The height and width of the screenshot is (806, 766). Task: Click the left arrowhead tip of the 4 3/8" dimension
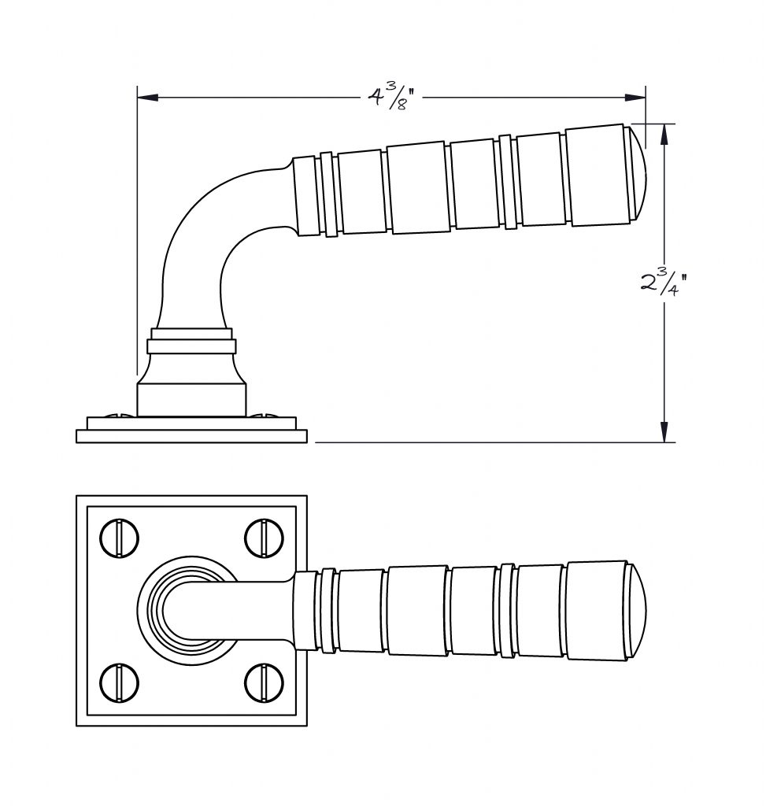coord(138,97)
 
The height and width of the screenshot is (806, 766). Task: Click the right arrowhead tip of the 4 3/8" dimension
coord(646,97)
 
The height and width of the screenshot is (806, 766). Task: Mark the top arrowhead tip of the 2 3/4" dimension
coord(664,124)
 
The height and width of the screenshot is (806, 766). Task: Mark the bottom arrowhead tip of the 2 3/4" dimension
coord(664,442)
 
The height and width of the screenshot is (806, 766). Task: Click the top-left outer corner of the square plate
coord(76,496)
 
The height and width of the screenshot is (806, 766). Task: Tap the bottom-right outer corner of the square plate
coord(307,726)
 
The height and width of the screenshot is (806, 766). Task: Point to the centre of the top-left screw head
coord(120,538)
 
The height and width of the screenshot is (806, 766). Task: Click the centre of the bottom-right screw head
coord(264,683)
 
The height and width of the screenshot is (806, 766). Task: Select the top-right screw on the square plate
coord(264,538)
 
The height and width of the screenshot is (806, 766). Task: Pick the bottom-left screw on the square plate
coord(120,683)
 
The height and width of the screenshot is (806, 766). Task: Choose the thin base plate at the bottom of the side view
coord(192,436)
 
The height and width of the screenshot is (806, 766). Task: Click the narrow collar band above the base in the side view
coord(192,346)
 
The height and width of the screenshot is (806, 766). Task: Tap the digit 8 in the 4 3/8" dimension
coord(402,104)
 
